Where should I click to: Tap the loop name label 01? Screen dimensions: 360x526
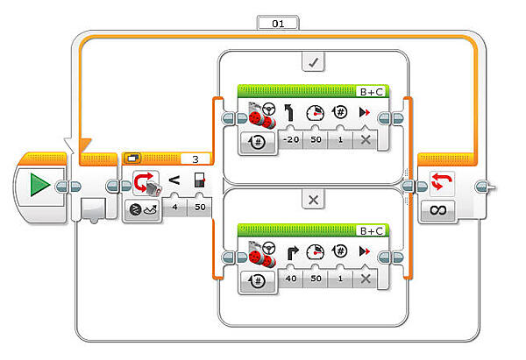click(278, 23)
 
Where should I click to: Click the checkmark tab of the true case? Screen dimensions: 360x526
click(313, 62)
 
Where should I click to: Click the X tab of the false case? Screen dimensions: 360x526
click(313, 200)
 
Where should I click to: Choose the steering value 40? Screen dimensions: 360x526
click(290, 278)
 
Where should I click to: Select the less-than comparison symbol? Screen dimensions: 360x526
click(174, 181)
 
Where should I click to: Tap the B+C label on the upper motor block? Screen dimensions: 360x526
click(373, 90)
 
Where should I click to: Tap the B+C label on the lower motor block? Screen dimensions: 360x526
click(373, 230)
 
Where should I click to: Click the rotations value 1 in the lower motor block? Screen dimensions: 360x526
click(340, 278)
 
